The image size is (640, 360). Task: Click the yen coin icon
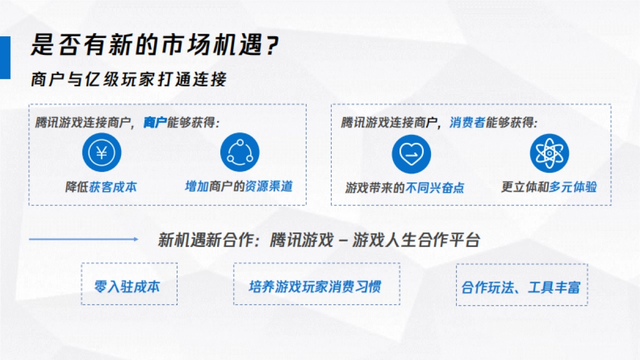[x=101, y=153]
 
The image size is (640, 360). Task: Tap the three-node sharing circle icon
[x=239, y=153]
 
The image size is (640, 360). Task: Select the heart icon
[x=411, y=154]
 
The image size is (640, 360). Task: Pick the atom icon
[x=549, y=153]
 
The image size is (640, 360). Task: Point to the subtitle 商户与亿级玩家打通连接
[x=129, y=79]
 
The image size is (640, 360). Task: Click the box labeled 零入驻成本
[x=129, y=284]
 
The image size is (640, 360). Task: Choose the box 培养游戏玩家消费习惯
[x=316, y=284]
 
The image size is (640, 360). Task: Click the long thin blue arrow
[x=83, y=239]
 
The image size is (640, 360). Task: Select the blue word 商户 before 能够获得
[x=155, y=123]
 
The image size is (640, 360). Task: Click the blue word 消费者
[x=467, y=123]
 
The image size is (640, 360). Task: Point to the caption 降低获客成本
[x=101, y=187]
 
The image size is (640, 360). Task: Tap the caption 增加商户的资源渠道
[x=238, y=186]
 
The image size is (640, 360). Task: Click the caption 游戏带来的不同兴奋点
[x=404, y=187]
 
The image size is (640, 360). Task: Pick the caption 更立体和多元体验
[x=549, y=187]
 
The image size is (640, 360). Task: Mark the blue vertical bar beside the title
[x=5, y=58]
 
